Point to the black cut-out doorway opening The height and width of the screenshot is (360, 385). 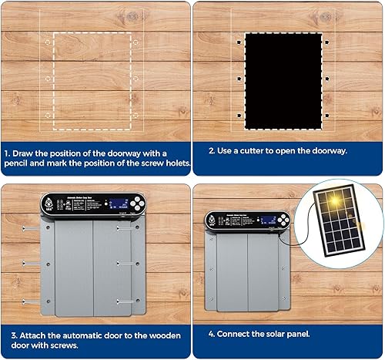(283, 80)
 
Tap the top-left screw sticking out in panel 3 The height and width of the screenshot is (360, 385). (30, 229)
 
